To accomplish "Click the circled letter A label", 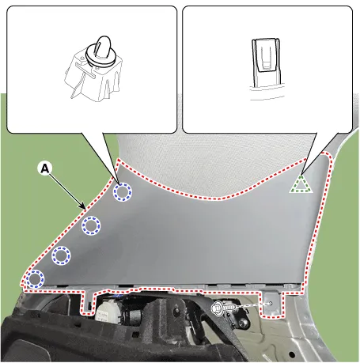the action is tap(45, 168).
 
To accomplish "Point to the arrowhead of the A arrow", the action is tap(84, 206).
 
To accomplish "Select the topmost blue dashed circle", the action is tap(123, 192).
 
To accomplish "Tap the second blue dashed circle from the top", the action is tap(91, 225).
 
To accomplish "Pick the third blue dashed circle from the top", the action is tap(61, 255).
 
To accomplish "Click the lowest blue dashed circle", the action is tap(35, 279).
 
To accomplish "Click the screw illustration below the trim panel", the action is tap(224, 308).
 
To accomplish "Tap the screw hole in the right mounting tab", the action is tap(271, 303).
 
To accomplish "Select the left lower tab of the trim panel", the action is tap(87, 302).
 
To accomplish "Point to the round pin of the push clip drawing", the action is tap(102, 45).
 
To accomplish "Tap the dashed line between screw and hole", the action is tap(252, 305).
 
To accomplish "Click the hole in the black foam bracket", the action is tap(176, 311).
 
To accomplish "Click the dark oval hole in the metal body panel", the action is tap(291, 354).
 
